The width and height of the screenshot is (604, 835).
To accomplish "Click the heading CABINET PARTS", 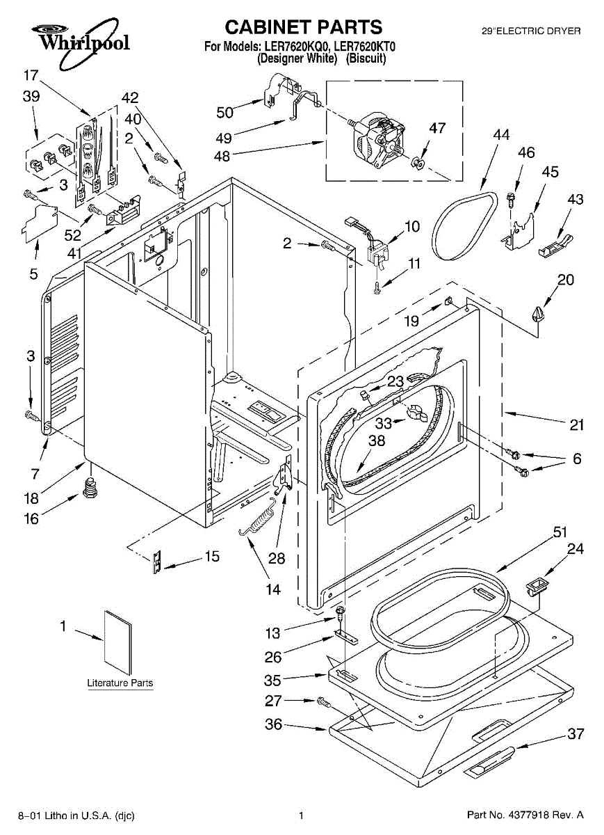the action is point(304,27).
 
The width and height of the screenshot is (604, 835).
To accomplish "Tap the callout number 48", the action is point(222,156).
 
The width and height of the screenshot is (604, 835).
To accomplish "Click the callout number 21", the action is point(576,424).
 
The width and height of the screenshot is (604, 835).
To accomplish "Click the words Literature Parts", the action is point(120,683).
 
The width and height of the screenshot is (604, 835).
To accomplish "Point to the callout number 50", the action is point(225,112).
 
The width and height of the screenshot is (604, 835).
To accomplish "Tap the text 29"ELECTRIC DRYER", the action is point(532,31).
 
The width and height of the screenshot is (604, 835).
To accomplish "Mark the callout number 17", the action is point(31,75).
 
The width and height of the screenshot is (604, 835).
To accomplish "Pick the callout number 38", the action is point(377,440).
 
